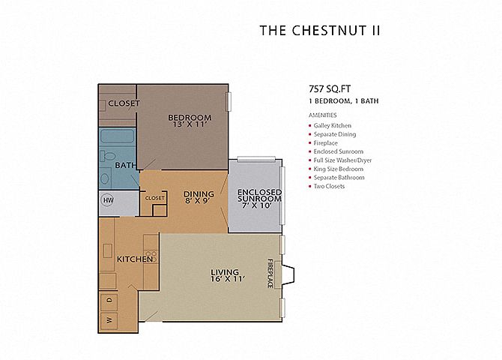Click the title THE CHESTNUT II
click(x=320, y=31)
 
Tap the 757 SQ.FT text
click(x=330, y=88)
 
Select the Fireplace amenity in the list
click(x=325, y=143)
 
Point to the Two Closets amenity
click(x=329, y=186)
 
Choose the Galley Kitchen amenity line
click(x=333, y=126)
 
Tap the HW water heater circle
click(x=109, y=200)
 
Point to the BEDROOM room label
click(x=190, y=118)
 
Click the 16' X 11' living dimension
click(x=228, y=279)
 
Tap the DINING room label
click(x=199, y=194)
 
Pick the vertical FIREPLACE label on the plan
click(x=270, y=274)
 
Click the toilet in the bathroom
click(x=109, y=157)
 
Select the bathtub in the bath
click(x=117, y=136)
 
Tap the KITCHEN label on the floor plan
click(x=134, y=259)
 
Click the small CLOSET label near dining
click(x=155, y=198)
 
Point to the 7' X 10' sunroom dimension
click(x=257, y=205)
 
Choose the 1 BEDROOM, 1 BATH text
click(x=344, y=101)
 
